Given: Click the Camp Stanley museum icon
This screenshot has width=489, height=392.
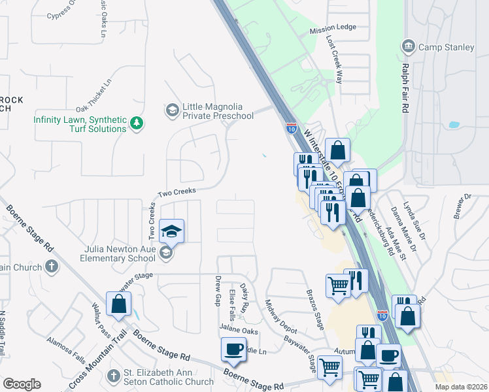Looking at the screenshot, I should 408,47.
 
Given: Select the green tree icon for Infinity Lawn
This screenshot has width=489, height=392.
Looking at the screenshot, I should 137,123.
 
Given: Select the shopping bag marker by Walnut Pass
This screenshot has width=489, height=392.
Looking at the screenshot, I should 118,303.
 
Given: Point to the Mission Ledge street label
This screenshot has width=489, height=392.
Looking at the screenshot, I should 333,29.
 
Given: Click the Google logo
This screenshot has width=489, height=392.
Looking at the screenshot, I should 22,384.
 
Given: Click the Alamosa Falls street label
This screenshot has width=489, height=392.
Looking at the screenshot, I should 66,349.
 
